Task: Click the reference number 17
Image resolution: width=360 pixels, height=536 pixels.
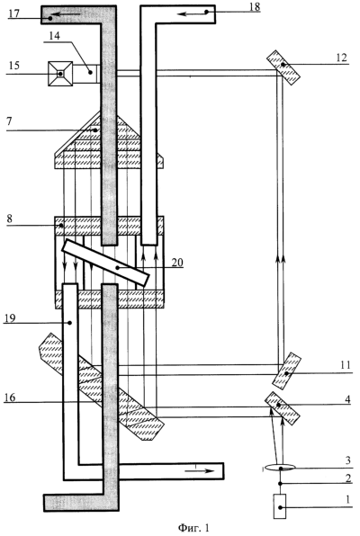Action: tap(15, 13)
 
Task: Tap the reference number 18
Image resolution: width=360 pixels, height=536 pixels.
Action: tap(255, 7)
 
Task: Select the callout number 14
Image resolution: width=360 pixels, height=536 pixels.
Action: tap(54, 36)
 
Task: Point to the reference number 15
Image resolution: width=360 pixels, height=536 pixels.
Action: tap(14, 66)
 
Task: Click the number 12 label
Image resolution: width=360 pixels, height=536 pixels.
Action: tap(341, 58)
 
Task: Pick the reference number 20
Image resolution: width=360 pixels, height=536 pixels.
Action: tap(177, 263)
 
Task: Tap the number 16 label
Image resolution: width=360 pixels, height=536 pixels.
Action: tap(10, 398)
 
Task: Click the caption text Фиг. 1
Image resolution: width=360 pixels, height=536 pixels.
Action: tap(193, 527)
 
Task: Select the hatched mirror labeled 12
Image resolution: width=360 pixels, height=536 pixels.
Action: tap(283, 67)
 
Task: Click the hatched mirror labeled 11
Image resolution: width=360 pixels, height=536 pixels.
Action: tap(287, 371)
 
